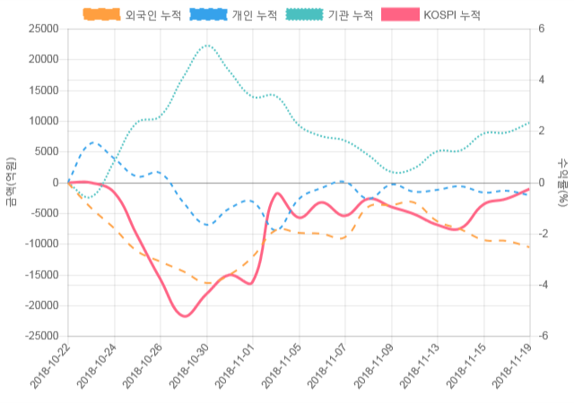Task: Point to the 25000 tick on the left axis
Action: (x=44, y=29)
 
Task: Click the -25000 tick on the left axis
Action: (x=42, y=336)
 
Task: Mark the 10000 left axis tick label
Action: (x=44, y=121)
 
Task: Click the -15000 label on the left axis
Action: (x=42, y=275)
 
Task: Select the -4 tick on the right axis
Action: (x=542, y=285)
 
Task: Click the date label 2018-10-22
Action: (x=50, y=367)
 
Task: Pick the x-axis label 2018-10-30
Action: (x=188, y=367)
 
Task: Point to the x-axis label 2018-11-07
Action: (x=326, y=367)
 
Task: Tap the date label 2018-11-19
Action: (x=510, y=367)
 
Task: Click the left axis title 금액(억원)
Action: (x=10, y=182)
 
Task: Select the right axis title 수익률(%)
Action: (x=563, y=182)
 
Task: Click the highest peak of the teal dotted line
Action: (x=206, y=45)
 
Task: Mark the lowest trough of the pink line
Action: (x=184, y=316)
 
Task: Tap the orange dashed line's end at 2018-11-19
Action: (x=529, y=247)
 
